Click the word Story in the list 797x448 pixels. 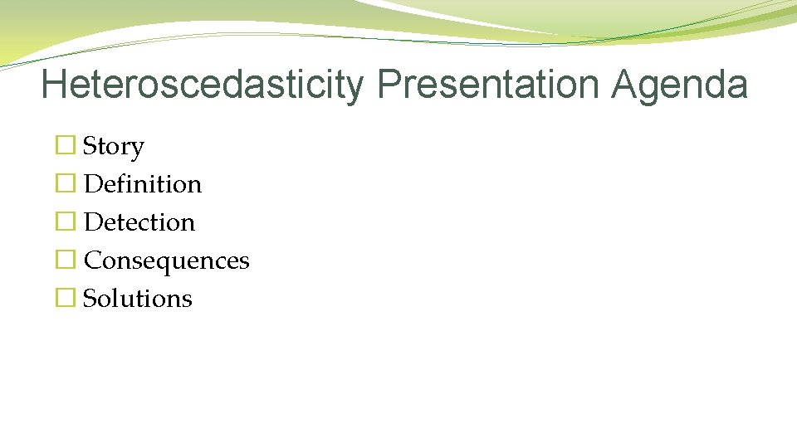point(114,147)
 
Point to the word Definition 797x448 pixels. point(143,184)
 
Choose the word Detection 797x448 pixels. point(139,222)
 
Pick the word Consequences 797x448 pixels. point(166,261)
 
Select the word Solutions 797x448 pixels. point(138,299)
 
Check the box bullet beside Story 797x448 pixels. point(64,146)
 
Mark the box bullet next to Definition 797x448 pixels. point(64,184)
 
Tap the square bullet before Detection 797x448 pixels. point(64,222)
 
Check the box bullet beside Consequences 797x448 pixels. point(64,261)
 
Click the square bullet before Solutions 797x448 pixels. point(64,299)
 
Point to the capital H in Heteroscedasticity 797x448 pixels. point(54,85)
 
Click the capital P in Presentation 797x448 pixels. point(388,85)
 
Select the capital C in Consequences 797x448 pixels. point(93,261)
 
